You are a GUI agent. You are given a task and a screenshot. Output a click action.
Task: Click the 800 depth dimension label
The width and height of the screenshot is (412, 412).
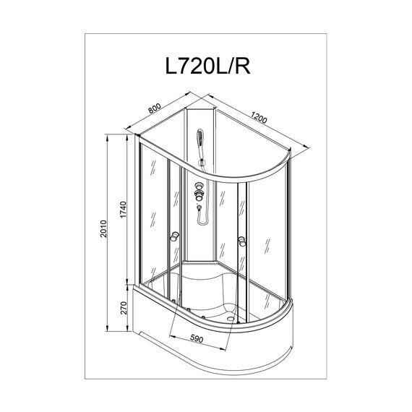pyautogui.click(x=154, y=109)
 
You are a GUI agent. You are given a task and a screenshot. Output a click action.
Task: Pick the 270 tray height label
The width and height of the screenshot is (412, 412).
pyautogui.click(x=124, y=309)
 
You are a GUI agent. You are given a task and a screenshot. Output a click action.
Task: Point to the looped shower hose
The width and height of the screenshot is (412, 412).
pyautogui.click(x=202, y=214)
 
